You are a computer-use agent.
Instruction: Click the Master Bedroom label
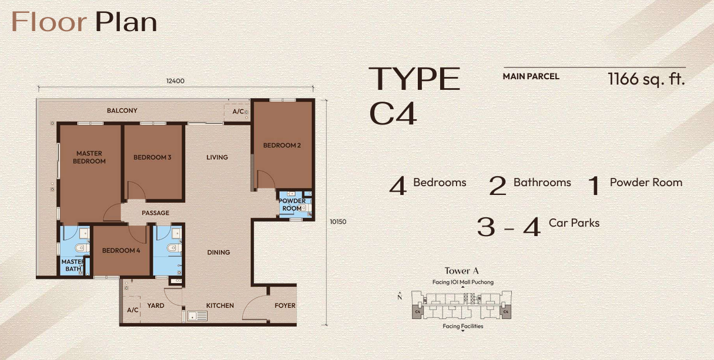[x=89, y=157]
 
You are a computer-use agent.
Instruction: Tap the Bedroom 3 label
[x=152, y=157]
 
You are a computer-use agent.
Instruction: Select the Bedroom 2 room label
[x=282, y=146]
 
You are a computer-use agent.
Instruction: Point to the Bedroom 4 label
[x=121, y=251]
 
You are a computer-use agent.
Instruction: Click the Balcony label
[x=122, y=110]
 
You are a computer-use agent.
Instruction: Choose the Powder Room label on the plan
[x=292, y=204]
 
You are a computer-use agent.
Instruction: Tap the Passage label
[x=156, y=213]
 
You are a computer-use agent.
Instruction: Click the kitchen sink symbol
[x=197, y=316]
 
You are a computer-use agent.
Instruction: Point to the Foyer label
[x=285, y=305]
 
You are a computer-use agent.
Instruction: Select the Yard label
[x=156, y=305]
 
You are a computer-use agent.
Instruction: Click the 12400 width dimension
[x=175, y=81]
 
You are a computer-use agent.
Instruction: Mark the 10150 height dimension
[x=338, y=222]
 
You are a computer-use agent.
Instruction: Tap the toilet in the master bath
[x=82, y=248]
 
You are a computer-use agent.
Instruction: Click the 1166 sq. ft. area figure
[x=646, y=79]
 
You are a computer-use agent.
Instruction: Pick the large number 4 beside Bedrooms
[x=398, y=186]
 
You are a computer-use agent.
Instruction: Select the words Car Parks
[x=574, y=223]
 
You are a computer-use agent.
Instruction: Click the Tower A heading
[x=461, y=271]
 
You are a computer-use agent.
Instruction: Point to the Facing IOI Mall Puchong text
[x=463, y=282]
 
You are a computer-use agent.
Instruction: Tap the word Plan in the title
[x=126, y=22]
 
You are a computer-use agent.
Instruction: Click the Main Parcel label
[x=531, y=76]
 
